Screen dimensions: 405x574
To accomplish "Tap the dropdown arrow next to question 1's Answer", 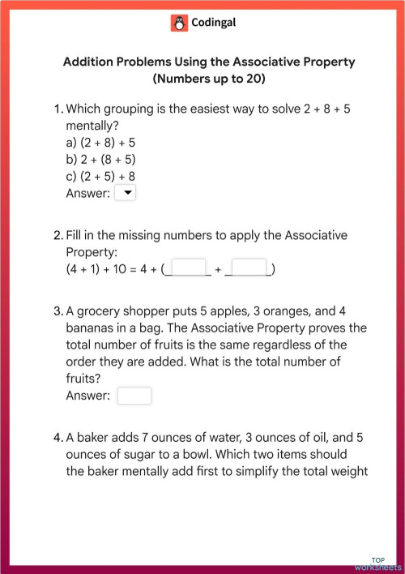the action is click(126, 193).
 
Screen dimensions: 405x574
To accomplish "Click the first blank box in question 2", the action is click(190, 268).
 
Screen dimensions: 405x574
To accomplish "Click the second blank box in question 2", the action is click(249, 268).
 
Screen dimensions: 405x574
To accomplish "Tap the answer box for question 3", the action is click(134, 396).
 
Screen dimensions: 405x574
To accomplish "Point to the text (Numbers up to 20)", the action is click(208, 79).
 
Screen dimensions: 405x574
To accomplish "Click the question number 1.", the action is click(57, 109).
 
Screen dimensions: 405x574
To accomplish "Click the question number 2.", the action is click(57, 235).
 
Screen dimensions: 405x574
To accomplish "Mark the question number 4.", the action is click(58, 438).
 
